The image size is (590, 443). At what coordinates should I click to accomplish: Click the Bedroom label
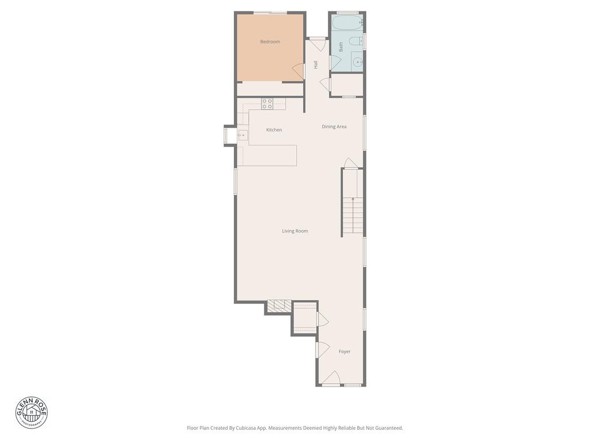coord(270,42)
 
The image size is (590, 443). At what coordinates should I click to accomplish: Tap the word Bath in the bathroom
coord(341,47)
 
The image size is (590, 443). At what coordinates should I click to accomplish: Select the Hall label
coord(316,65)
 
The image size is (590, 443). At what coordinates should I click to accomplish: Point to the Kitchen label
coord(274,130)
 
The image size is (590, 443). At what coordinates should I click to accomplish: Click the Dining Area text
coord(334,126)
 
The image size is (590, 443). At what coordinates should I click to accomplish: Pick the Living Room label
coord(295,231)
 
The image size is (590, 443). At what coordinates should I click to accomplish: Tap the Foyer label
coord(345,351)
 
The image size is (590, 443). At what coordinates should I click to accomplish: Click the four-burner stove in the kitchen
coord(267,104)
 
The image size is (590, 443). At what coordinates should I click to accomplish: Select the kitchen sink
coord(243,136)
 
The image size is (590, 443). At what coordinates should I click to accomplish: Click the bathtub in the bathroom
coord(347,23)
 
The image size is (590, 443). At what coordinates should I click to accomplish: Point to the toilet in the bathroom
coord(357,40)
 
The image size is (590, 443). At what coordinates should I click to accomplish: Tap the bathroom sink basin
coord(357,61)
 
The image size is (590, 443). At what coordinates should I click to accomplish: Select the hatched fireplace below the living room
coord(279,306)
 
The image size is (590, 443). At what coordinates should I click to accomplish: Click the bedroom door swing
coord(298,71)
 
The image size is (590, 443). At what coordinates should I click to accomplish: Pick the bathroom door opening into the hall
coord(334,63)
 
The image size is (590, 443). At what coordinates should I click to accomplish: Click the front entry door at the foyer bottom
coord(331,379)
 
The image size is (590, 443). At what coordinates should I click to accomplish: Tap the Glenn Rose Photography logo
coord(32,412)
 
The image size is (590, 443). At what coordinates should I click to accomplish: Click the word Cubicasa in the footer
coord(247,428)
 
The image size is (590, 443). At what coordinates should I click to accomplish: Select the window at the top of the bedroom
coord(270,13)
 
